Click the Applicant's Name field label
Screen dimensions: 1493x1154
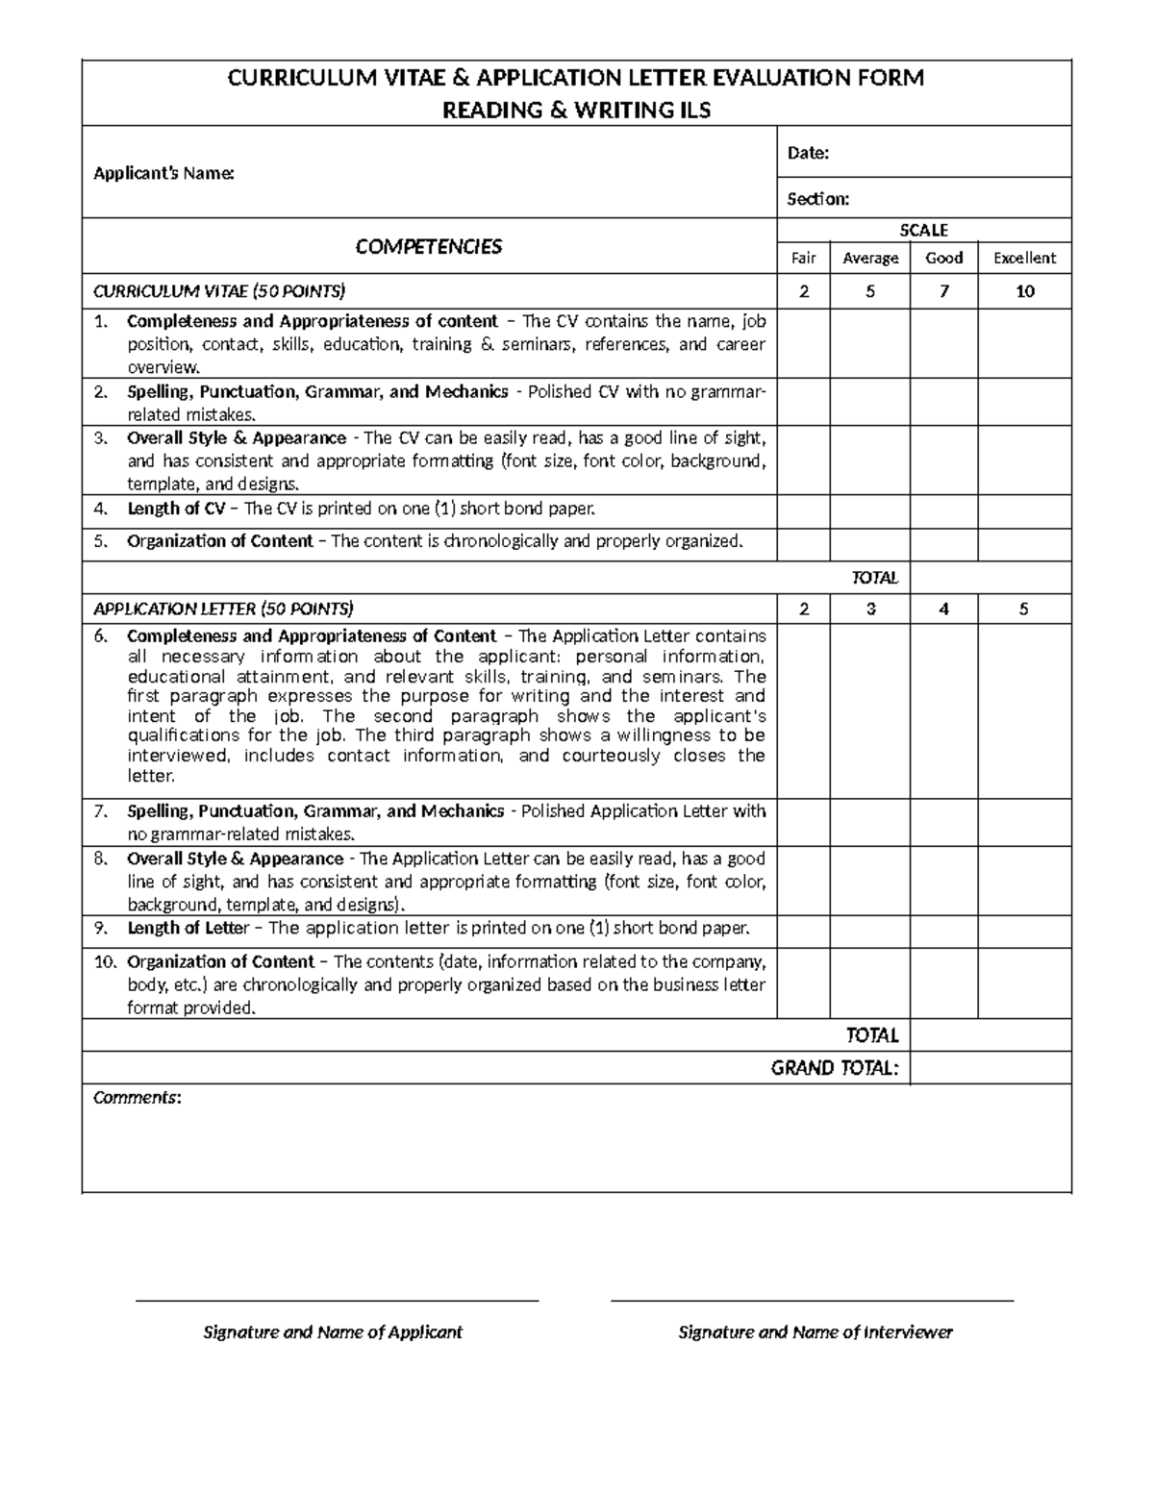(x=163, y=174)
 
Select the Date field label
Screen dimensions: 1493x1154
(x=808, y=153)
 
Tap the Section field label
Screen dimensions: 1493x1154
(x=817, y=199)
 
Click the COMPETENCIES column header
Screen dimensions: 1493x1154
(x=428, y=247)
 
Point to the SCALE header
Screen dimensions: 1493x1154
(x=923, y=230)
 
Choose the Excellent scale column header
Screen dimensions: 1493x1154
(x=1024, y=258)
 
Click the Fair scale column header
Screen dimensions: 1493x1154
(x=803, y=258)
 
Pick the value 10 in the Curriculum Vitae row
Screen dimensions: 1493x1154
(x=1024, y=291)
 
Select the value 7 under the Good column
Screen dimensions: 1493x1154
(x=943, y=291)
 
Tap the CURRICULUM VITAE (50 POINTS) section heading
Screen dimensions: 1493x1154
(x=218, y=291)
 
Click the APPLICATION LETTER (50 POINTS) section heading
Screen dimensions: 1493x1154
(x=223, y=609)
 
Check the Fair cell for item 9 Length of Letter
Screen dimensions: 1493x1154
(x=803, y=930)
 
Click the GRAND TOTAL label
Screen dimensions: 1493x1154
(x=835, y=1068)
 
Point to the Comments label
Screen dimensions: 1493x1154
(x=136, y=1098)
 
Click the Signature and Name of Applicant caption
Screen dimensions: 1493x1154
(x=332, y=1332)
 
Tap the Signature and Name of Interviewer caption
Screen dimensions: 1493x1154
(x=815, y=1332)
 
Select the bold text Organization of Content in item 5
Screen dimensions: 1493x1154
(x=220, y=541)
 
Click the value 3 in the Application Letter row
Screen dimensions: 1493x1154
(x=870, y=609)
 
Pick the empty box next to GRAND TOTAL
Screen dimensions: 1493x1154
(x=990, y=1068)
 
